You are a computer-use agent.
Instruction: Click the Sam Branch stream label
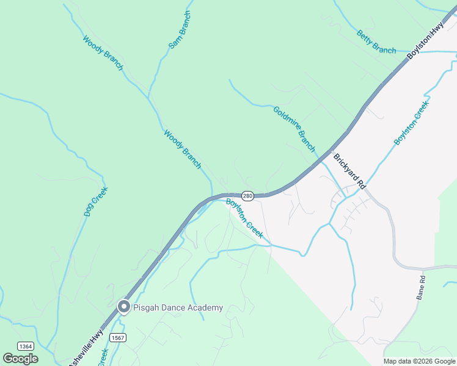[180, 30]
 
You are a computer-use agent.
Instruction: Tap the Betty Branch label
[376, 42]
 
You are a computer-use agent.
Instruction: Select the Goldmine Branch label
[294, 129]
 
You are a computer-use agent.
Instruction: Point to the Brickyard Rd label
[348, 171]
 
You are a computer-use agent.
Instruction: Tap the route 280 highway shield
[247, 196]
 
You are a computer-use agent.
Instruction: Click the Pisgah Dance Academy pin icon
[124, 306]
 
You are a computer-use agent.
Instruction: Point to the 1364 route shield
[25, 346]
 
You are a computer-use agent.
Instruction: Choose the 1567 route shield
[118, 337]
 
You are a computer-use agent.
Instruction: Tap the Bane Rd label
[422, 287]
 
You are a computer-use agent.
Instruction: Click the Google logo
[20, 358]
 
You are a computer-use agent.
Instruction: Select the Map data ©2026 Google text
[419, 361]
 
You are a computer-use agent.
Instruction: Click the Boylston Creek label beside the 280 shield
[244, 218]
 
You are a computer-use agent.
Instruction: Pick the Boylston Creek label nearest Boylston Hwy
[412, 123]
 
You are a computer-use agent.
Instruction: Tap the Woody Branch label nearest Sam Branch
[103, 54]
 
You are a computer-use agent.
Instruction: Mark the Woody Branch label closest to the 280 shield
[182, 149]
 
